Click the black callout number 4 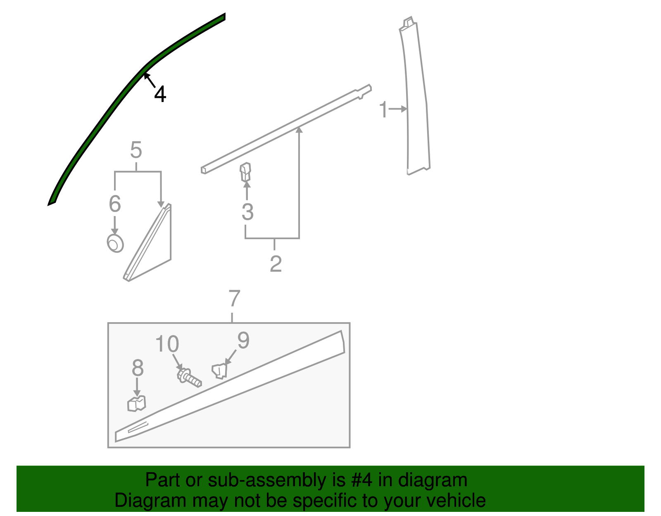pos(160,95)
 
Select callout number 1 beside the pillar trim pos(383,110)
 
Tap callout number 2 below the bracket pos(276,264)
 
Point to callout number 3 pos(247,212)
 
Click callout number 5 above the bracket pos(136,150)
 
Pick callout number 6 pos(115,204)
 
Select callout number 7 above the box pos(234,299)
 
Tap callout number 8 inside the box pos(138,368)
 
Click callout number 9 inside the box pos(243,341)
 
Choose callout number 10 pos(167,344)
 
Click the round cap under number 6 pos(115,243)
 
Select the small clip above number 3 pos(246,171)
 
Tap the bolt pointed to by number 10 pos(189,378)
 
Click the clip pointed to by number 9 pos(220,371)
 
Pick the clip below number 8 pos(137,404)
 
